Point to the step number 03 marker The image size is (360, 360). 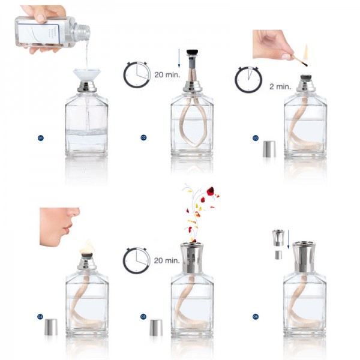256,138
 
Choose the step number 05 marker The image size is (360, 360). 144,316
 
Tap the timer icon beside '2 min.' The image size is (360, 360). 248,79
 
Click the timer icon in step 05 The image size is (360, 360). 136,260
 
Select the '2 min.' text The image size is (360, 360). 280,86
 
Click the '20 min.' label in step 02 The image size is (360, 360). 167,76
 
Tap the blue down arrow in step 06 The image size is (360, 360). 289,241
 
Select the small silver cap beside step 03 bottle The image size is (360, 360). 269,149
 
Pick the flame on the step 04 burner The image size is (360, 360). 88,245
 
